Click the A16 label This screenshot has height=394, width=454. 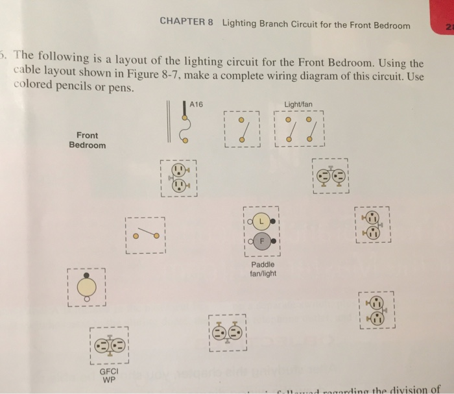(196, 103)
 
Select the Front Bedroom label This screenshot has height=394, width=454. (87, 140)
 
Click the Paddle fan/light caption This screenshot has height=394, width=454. (262, 269)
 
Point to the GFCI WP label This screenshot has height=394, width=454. (108, 376)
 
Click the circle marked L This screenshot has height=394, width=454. (261, 221)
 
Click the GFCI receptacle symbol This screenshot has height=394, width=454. (108, 345)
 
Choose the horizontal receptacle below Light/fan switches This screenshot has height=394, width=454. (330, 176)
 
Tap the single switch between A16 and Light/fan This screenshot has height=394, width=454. (241, 129)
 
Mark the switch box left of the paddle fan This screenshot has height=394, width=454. (145, 234)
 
